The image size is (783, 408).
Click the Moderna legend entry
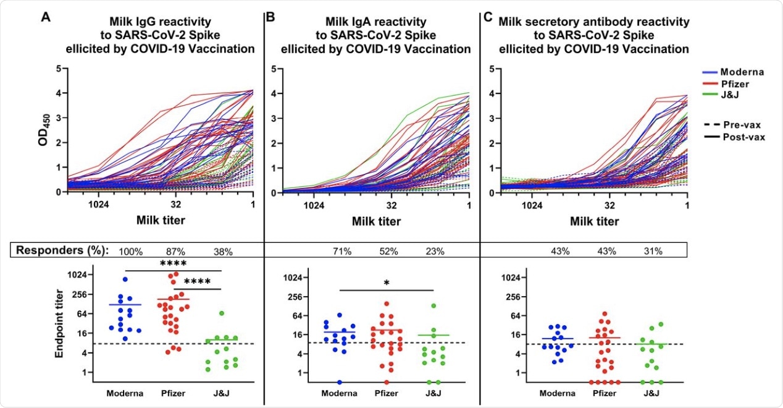(x=743, y=72)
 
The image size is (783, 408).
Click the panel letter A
(x=46, y=17)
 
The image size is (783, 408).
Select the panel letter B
(x=269, y=17)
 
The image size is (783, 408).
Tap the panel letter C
(x=488, y=17)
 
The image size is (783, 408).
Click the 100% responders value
(x=131, y=251)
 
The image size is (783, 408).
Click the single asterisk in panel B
(x=386, y=283)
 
